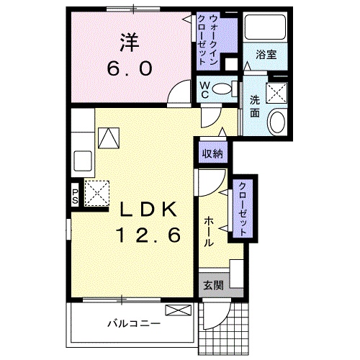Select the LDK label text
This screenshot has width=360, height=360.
149,210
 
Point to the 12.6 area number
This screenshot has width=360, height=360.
149,234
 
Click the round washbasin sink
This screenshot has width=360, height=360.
276,122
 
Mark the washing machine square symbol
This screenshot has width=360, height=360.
276,91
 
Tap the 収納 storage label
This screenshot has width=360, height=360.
211,153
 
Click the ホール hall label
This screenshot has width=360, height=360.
208,231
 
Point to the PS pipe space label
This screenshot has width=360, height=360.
76,197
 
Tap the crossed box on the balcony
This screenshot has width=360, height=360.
177,310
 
